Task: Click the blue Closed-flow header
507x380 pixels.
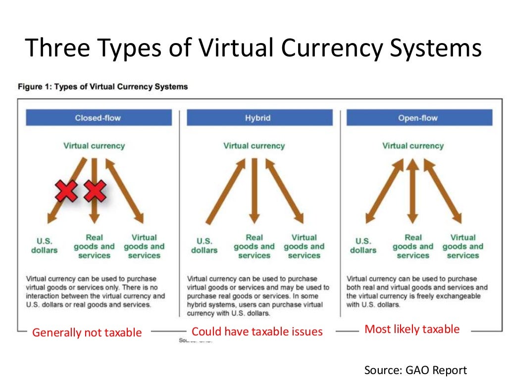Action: click(x=98, y=118)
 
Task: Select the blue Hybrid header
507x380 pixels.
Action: click(x=258, y=118)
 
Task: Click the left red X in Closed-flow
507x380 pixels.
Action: click(x=67, y=191)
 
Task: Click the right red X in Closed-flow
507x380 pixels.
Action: click(x=95, y=191)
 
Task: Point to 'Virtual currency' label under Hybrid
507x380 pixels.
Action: click(x=254, y=146)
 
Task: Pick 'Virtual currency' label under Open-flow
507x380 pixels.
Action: click(x=413, y=146)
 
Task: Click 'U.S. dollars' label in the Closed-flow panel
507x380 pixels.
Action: click(x=45, y=246)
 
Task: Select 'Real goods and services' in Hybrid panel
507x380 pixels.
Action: click(x=254, y=246)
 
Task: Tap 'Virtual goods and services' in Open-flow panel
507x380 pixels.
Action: click(x=462, y=246)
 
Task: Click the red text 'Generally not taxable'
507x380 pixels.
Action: click(x=87, y=332)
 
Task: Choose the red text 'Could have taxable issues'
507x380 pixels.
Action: click(x=257, y=332)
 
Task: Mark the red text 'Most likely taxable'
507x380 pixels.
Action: click(x=412, y=329)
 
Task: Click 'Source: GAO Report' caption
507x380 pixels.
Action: click(x=415, y=370)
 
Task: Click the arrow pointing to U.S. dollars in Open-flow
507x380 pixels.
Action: click(x=384, y=190)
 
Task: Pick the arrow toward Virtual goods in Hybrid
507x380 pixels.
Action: click(x=285, y=190)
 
